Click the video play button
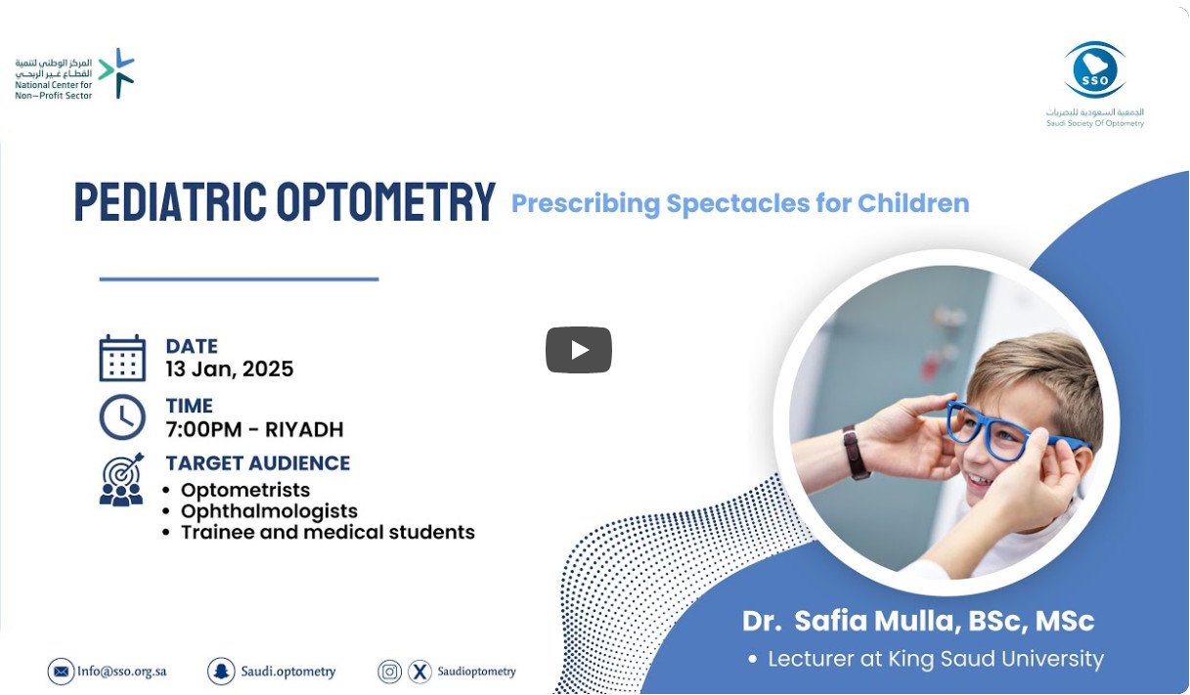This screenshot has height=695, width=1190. click(579, 350)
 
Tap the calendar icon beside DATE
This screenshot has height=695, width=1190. click(122, 358)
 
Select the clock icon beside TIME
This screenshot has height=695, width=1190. click(122, 416)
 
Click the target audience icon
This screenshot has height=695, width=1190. click(121, 479)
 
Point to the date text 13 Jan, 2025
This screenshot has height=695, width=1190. click(230, 369)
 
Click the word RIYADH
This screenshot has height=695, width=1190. click(304, 429)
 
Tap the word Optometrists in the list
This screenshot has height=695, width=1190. click(245, 490)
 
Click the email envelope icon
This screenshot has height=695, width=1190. click(61, 672)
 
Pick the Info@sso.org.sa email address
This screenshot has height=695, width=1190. click(121, 672)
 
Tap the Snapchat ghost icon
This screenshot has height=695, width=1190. click(221, 672)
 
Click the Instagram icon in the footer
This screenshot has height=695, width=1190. click(389, 672)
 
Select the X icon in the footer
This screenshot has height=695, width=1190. click(419, 672)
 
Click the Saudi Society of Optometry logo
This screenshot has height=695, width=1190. click(1095, 84)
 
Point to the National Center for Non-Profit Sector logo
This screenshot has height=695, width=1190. click(74, 73)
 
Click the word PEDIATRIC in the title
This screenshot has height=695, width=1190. click(170, 201)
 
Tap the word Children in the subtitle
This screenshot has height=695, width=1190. click(913, 202)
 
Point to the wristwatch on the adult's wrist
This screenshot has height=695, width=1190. click(855, 453)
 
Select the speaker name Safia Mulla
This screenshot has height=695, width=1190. click(877, 621)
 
